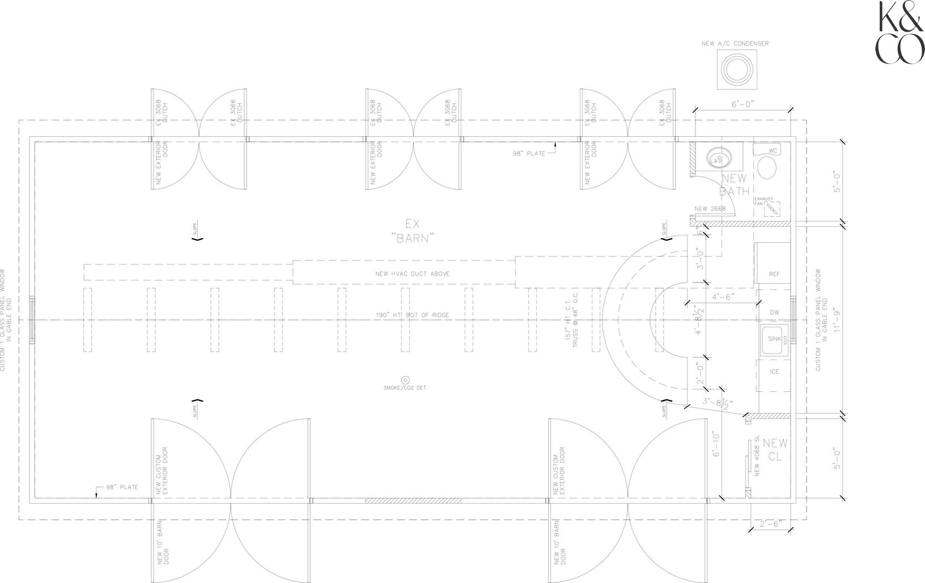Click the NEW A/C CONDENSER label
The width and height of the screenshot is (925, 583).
(735, 44)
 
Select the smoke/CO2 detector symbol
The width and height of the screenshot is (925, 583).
(405, 379)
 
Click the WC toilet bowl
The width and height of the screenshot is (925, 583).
(768, 168)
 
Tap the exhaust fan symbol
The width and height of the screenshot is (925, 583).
(771, 209)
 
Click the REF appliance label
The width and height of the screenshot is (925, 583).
(774, 274)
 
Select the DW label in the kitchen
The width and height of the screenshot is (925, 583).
(774, 312)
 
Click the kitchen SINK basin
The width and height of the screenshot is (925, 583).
(773, 340)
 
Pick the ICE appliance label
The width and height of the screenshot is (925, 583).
(774, 372)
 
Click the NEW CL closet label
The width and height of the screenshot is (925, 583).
(775, 449)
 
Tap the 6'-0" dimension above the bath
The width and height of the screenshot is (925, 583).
(742, 104)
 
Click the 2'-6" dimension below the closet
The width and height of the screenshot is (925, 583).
(769, 525)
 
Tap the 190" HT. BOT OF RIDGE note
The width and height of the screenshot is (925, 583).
(412, 315)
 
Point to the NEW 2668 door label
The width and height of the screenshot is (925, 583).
(710, 209)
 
